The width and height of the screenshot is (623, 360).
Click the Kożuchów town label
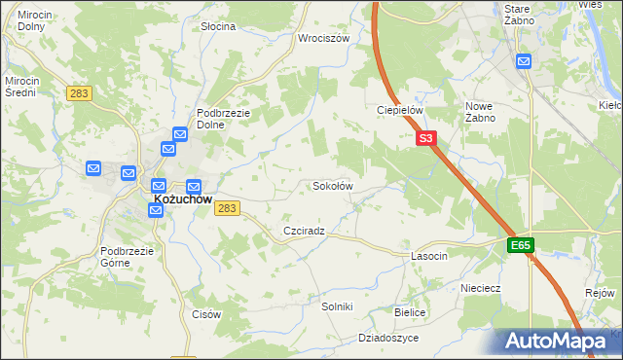(182, 199)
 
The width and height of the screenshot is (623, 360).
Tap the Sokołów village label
(332, 185)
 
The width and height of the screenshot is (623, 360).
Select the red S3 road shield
(426, 139)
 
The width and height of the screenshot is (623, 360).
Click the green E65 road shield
(520, 246)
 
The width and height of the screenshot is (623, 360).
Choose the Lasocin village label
(428, 256)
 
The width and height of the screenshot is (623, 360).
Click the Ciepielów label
(400, 111)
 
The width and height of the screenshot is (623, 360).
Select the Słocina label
(217, 26)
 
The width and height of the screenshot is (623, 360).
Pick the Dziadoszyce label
(387, 338)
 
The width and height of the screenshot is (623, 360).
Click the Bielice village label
(410, 312)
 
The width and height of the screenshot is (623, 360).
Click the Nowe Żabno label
(481, 112)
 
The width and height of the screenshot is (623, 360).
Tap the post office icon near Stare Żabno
(524, 61)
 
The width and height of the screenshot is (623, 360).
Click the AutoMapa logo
(558, 341)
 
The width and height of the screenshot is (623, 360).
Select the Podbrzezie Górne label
(128, 257)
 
